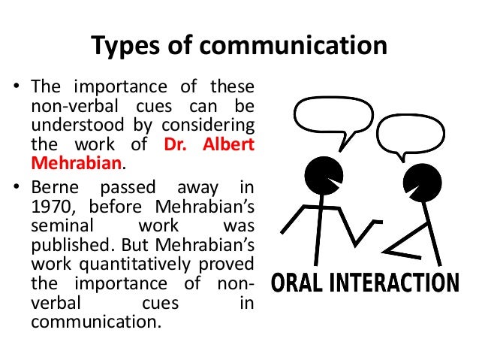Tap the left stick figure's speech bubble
[x=332, y=116]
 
